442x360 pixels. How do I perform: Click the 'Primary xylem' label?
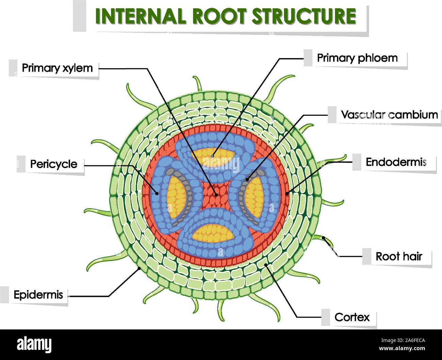57,68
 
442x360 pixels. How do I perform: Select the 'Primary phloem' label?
357,58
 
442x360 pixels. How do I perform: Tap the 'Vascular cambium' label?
389,115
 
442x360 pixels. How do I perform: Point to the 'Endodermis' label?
396,162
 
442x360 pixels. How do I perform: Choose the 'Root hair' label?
398,256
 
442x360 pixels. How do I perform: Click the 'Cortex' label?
352,317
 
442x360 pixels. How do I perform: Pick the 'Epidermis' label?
38,294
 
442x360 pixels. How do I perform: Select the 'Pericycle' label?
54,164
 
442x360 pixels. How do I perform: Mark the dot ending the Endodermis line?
287,194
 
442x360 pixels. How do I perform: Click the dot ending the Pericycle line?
157,194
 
